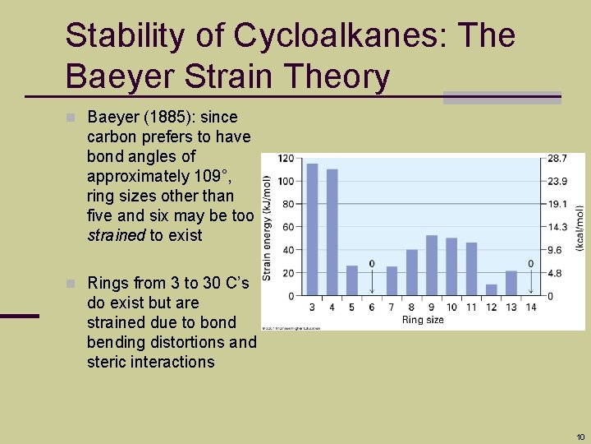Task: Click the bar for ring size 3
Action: pyautogui.click(x=312, y=229)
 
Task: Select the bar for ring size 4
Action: pyautogui.click(x=332, y=232)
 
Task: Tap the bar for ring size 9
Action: pyautogui.click(x=432, y=265)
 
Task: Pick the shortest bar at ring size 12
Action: pyautogui.click(x=492, y=289)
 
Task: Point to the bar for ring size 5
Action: pyautogui.click(x=352, y=280)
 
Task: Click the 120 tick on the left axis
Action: pyautogui.click(x=286, y=158)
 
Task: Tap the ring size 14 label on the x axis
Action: pyautogui.click(x=531, y=308)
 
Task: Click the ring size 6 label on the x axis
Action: pyautogui.click(x=372, y=308)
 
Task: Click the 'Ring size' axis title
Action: pyautogui.click(x=423, y=320)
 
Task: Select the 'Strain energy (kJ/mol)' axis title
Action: pyautogui.click(x=268, y=227)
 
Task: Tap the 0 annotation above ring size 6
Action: pyautogui.click(x=372, y=264)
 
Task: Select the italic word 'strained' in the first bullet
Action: pyautogui.click(x=116, y=235)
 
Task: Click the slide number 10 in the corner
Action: pyautogui.click(x=580, y=437)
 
